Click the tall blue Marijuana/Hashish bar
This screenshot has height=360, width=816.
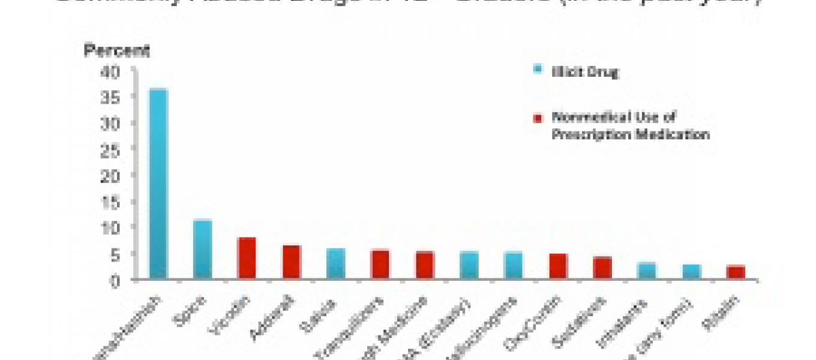[x=158, y=183]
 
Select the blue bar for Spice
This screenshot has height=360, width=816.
[x=203, y=250]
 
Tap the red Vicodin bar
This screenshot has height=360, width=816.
[x=247, y=259]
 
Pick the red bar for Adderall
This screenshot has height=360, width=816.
[x=292, y=262]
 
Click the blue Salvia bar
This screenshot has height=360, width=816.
[x=336, y=264]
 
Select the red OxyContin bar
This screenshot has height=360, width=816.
[x=558, y=266]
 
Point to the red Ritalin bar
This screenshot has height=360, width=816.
[x=736, y=272]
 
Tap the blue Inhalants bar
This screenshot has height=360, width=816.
[x=647, y=271]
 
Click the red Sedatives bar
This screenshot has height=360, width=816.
[x=602, y=268]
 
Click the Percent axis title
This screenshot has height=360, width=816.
[x=116, y=50]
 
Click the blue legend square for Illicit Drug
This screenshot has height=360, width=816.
[x=538, y=73]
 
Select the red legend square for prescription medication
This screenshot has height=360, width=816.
[x=538, y=118]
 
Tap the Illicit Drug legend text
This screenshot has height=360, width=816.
[x=585, y=73]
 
